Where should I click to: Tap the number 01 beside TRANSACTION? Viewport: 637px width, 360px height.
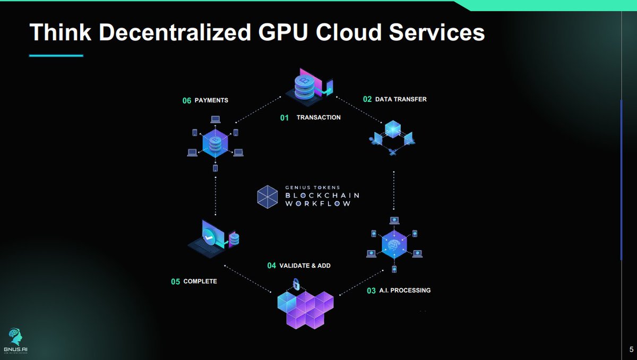pos(285,118)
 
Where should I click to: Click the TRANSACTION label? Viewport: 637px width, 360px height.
pos(318,117)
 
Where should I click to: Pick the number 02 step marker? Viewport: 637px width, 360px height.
pos(367,99)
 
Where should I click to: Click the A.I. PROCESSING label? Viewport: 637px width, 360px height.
pos(405,290)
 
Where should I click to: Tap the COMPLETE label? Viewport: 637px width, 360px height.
pos(200,281)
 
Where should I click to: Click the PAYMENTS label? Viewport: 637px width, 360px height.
pos(212,100)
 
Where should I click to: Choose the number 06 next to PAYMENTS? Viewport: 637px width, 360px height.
pos(187,100)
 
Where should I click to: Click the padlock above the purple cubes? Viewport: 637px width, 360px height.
pos(296,284)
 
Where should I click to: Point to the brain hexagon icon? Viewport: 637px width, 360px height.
pos(394,244)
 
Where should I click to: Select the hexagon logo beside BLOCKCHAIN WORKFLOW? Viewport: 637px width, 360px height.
pos(268,196)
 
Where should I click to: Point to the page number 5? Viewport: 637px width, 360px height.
pos(631,349)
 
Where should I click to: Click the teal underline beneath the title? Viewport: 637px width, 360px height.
pos(56,55)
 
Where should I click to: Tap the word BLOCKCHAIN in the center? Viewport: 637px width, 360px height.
pos(322,195)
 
